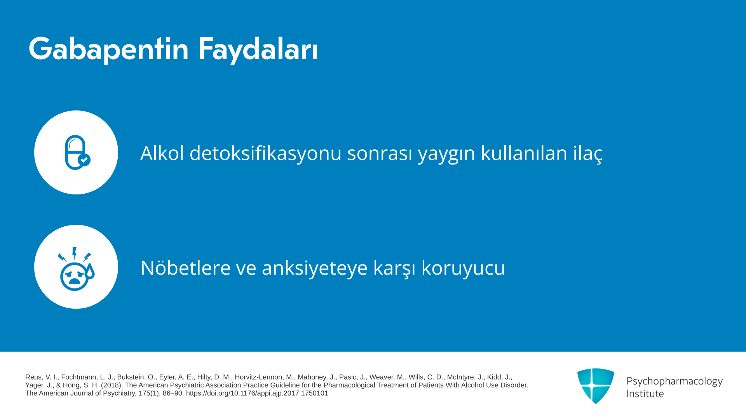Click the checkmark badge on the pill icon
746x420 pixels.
[x=84, y=160]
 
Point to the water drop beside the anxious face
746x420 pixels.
[x=90, y=271]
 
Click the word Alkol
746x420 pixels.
[x=162, y=153]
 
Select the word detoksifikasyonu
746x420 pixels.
[x=265, y=153]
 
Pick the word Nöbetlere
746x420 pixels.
[x=185, y=268]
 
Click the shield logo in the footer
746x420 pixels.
[x=596, y=386]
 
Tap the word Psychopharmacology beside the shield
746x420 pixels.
[x=675, y=381]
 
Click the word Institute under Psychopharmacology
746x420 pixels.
[x=645, y=394]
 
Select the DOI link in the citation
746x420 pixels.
[x=257, y=394]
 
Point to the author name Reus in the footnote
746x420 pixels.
[x=33, y=377]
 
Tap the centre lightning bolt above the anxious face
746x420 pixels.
[x=75, y=253]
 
